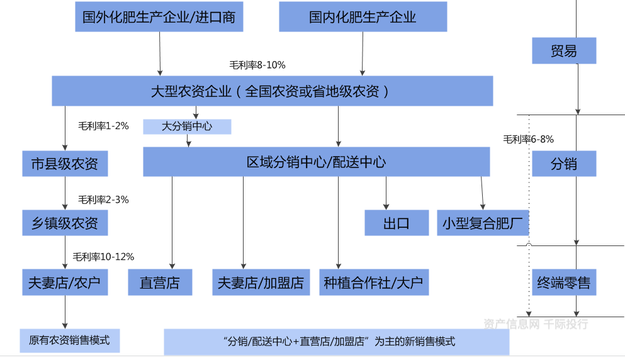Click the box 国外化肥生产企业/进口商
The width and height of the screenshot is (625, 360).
click(159, 17)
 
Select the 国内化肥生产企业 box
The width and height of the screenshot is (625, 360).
click(363, 17)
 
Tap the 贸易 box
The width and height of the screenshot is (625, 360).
click(563, 51)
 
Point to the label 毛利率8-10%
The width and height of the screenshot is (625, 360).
click(257, 65)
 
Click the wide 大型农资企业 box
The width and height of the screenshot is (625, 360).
click(272, 91)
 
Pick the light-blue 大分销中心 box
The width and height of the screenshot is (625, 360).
click(187, 127)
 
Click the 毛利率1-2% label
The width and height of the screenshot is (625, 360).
click(103, 126)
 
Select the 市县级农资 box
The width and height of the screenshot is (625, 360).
click(65, 164)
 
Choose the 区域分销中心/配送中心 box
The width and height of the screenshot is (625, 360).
click(316, 162)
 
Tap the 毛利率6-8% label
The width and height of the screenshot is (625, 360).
click(529, 140)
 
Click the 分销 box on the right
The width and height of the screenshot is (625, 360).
click(563, 164)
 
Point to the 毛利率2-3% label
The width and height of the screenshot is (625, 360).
click(103, 200)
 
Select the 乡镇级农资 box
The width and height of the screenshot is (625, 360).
click(65, 223)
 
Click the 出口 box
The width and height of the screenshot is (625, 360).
click(397, 223)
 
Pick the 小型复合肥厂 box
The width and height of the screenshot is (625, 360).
click(483, 223)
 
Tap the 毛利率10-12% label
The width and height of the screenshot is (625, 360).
click(103, 257)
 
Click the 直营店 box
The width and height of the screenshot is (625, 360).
click(160, 283)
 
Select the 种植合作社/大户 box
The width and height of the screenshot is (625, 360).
click(374, 283)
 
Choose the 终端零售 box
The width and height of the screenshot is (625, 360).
click(563, 283)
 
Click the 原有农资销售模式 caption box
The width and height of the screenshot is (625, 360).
click(69, 340)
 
